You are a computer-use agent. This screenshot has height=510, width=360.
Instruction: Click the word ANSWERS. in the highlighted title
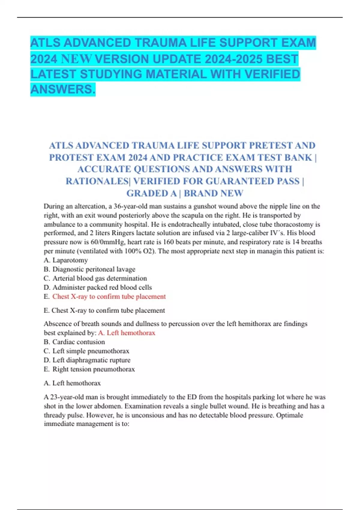(x=63, y=89)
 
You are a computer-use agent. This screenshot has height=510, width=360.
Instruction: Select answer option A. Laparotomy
(x=66, y=260)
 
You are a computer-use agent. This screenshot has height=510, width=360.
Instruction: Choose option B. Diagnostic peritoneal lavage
(x=89, y=269)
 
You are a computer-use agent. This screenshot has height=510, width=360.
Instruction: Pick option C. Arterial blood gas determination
(x=95, y=278)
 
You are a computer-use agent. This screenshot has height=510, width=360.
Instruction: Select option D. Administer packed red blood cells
(x=98, y=287)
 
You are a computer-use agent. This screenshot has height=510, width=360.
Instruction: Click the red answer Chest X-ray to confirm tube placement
(x=109, y=296)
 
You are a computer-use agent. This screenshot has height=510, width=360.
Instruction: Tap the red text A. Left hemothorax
(x=127, y=333)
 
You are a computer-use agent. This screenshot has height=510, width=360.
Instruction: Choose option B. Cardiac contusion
(x=74, y=342)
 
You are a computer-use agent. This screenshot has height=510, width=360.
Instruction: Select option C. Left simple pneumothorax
(x=86, y=351)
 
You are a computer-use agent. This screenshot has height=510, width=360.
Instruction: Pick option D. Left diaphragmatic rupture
(x=87, y=360)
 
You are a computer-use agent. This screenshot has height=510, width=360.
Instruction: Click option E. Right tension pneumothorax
(x=89, y=369)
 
